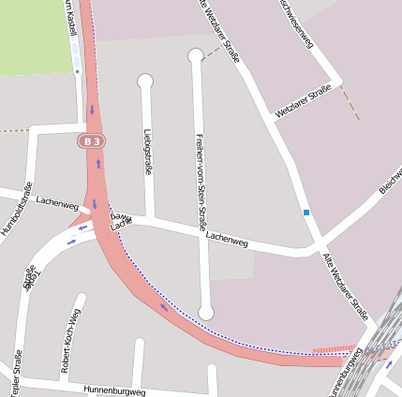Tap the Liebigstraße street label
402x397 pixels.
(x=148, y=151)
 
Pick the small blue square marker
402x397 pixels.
(x=305, y=213)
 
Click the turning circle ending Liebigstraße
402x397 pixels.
(x=145, y=81)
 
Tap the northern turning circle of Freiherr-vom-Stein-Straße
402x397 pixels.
(x=195, y=56)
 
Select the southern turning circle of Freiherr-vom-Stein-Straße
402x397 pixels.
(x=206, y=312)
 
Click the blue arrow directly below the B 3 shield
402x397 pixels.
(x=98, y=164)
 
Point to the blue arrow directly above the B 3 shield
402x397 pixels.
(x=93, y=110)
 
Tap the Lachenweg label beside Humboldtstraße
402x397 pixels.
(x=57, y=200)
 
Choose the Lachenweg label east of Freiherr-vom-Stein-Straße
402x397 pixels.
(x=227, y=241)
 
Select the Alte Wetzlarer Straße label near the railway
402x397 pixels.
(x=345, y=286)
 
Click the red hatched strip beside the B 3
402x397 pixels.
(x=333, y=348)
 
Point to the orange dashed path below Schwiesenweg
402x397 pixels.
(x=349, y=102)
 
